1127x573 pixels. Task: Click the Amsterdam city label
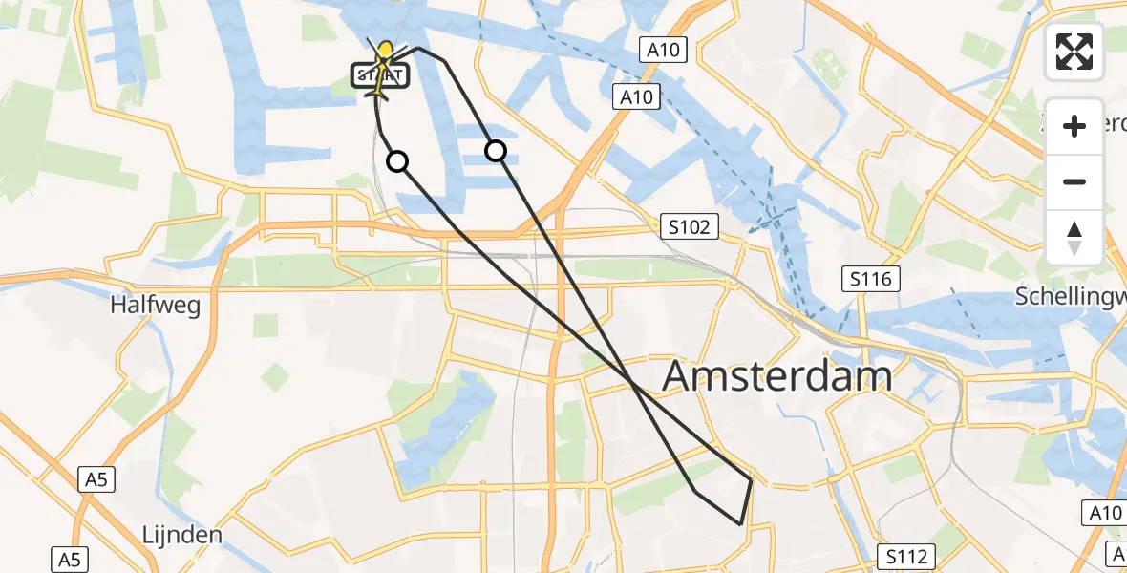click(x=777, y=376)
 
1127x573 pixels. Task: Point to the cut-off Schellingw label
click(x=1070, y=295)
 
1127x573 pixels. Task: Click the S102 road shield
click(x=690, y=226)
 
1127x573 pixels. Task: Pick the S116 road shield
click(x=871, y=279)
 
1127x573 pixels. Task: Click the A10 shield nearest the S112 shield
click(x=1106, y=514)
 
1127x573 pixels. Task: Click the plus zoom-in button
click(x=1074, y=126)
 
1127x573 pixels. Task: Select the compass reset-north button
click(x=1074, y=238)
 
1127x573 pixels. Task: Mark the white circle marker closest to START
click(x=397, y=161)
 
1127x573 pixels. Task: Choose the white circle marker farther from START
click(x=496, y=150)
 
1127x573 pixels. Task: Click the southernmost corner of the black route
click(x=740, y=524)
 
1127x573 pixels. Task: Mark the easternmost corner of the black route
click(x=752, y=480)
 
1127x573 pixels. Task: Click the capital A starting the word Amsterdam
click(x=679, y=376)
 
